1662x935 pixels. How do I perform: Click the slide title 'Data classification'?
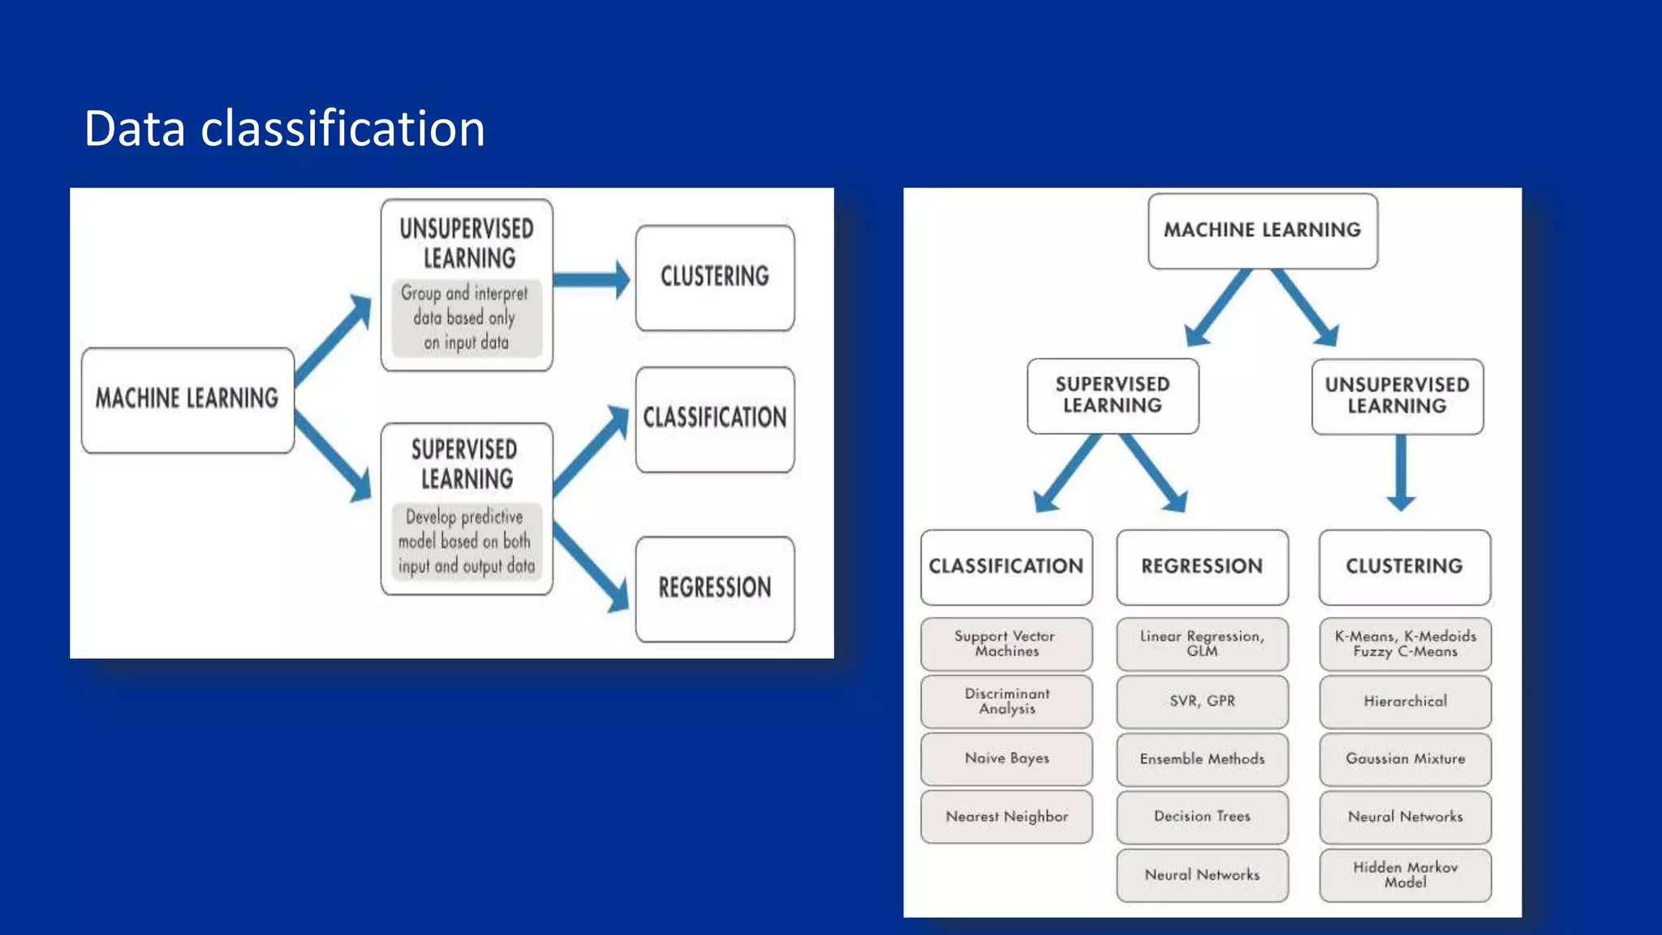point(284,128)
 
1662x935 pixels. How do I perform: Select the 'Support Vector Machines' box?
point(1006,644)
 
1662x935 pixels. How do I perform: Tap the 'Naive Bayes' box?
point(1006,758)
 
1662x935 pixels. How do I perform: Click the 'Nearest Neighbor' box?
point(1006,817)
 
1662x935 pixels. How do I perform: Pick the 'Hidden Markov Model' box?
point(1405,875)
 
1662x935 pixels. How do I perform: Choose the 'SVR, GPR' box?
point(1202,701)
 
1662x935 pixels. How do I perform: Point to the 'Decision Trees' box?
point(1202,817)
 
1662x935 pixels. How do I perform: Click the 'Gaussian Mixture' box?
point(1405,759)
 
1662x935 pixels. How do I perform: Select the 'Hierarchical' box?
point(1405,701)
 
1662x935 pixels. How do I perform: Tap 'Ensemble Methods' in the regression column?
point(1202,759)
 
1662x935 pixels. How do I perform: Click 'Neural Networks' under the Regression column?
point(1202,875)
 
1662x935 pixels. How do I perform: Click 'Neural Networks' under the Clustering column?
point(1405,817)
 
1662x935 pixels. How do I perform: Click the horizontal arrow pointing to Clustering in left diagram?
point(592,280)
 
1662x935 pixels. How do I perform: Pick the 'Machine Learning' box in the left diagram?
point(187,399)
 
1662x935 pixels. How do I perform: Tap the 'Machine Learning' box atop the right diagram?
point(1262,231)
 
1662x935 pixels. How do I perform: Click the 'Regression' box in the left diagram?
point(714,588)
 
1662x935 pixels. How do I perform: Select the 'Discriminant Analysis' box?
point(1006,701)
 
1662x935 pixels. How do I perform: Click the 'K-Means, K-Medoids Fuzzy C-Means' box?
point(1405,644)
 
